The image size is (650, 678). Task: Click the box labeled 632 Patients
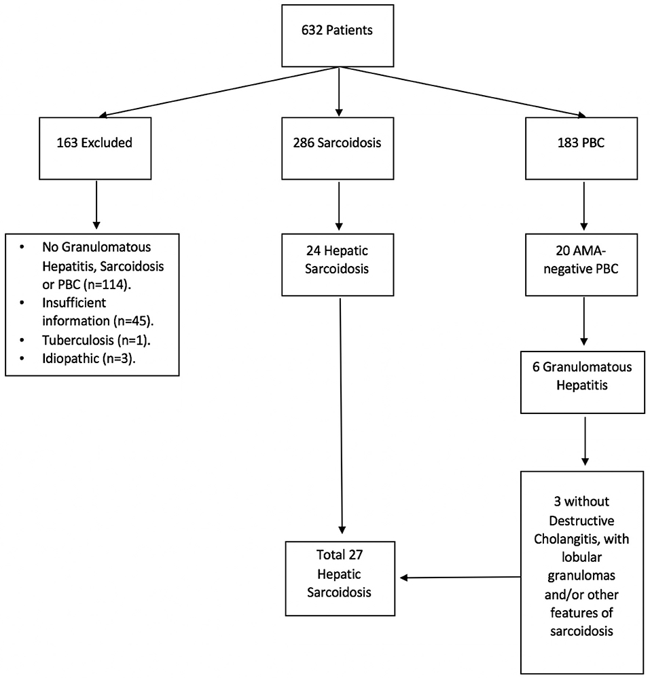point(338,36)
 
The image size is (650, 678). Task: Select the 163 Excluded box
point(95,149)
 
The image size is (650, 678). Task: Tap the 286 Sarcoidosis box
point(338,149)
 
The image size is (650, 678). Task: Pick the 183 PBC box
point(581,149)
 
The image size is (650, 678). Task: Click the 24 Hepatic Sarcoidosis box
point(338,265)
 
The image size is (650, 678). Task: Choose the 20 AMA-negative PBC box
point(581,265)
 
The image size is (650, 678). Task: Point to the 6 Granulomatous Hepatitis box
point(583,382)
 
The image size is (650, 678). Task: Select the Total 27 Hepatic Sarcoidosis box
point(340,578)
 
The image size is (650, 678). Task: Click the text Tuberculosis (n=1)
point(96,340)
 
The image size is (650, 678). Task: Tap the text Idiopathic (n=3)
point(89,358)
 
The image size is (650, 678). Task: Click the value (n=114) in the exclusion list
point(105,285)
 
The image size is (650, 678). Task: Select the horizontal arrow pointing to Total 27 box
point(461,578)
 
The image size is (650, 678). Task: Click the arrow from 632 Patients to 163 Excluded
point(219,92)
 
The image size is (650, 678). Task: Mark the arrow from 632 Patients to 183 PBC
point(462,92)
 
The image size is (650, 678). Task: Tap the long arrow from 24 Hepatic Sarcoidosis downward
point(341,416)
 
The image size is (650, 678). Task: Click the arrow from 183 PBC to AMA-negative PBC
point(584,206)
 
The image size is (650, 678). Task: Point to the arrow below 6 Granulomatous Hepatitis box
point(585,441)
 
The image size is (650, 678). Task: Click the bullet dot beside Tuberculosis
point(22,340)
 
